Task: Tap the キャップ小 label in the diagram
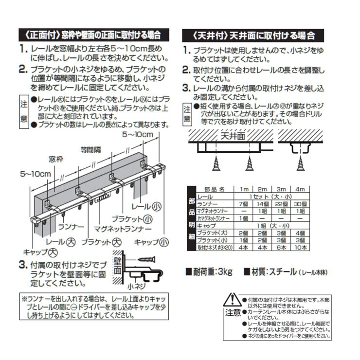[151, 242]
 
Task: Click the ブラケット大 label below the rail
[102, 241]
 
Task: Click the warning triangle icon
[232, 299]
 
